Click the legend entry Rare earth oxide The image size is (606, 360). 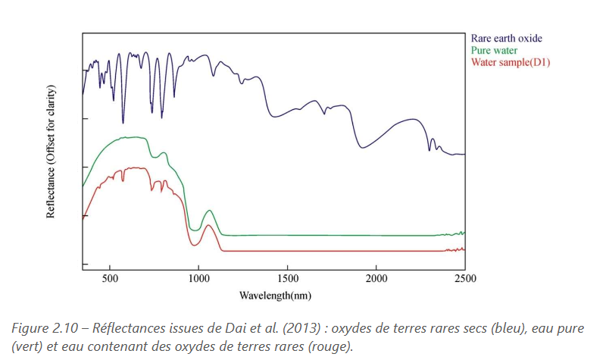[x=506, y=37]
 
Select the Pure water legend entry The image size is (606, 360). [x=494, y=50]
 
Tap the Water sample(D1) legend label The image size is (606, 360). [x=510, y=62]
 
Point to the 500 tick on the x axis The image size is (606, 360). [x=110, y=278]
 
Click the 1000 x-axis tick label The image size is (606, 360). [x=198, y=278]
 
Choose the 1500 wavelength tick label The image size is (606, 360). [x=287, y=278]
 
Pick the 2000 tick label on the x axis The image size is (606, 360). [x=376, y=278]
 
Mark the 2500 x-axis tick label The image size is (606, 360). [x=464, y=278]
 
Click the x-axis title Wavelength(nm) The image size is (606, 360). [x=274, y=294]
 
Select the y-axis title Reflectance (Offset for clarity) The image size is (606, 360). [x=52, y=152]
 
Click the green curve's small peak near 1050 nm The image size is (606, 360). [x=209, y=211]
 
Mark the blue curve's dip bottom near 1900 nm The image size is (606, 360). [x=364, y=147]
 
